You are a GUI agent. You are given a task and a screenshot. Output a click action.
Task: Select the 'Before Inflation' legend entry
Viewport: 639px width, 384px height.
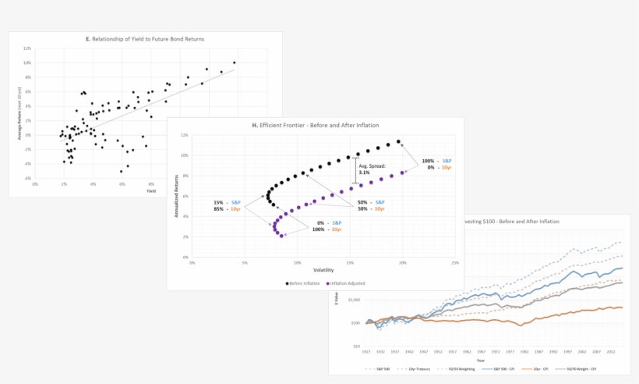(303, 283)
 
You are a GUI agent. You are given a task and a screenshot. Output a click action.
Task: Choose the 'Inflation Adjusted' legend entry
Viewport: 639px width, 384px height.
(347, 283)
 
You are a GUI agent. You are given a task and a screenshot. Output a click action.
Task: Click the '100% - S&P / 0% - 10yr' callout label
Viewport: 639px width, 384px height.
(439, 164)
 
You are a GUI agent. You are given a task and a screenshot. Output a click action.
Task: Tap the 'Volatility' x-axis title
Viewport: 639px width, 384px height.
(323, 270)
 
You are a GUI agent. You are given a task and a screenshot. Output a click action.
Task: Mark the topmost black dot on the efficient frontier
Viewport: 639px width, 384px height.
(398, 142)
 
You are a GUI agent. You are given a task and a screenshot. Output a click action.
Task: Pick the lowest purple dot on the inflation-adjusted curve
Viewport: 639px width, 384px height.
(281, 235)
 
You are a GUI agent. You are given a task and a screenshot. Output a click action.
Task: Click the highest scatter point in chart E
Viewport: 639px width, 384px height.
(234, 62)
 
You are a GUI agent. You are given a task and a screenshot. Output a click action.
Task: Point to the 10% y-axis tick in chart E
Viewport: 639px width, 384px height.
(27, 62)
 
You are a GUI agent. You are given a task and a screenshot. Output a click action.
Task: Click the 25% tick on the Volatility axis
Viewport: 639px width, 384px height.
(455, 263)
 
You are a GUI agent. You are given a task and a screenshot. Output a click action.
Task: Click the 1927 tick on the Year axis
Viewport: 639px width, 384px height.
(366, 352)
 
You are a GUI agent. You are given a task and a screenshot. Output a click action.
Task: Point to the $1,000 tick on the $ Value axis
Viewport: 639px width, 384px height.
(352, 299)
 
